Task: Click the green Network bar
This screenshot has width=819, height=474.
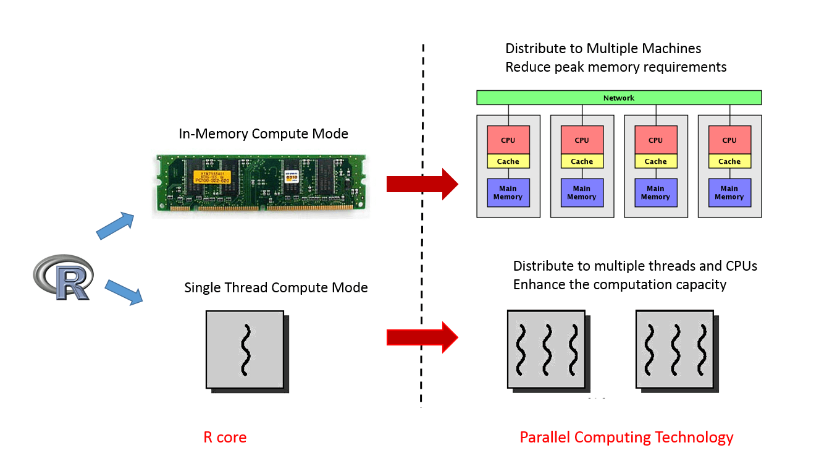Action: point(618,98)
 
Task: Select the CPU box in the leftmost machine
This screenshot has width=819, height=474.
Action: point(508,140)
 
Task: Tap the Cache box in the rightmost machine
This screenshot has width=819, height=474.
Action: point(729,161)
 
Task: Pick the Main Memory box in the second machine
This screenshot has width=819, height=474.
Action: point(581,193)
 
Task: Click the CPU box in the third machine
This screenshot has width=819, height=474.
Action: point(655,140)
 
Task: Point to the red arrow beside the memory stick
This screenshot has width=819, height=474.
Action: point(422,184)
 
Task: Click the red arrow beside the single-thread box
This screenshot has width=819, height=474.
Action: point(422,337)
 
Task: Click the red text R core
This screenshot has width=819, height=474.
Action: point(225,438)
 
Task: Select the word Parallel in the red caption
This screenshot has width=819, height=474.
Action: point(545,438)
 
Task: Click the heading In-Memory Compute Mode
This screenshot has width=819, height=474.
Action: point(264,133)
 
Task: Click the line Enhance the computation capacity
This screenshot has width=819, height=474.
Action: point(619,284)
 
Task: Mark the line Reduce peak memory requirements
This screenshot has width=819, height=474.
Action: point(616,67)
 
